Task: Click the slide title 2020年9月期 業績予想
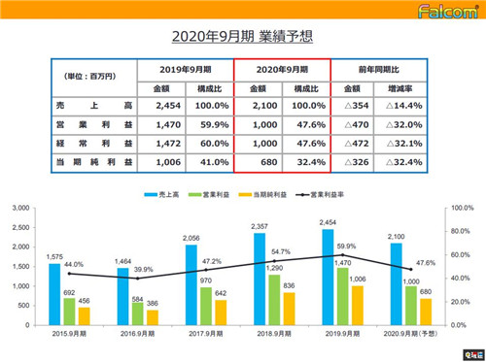(242, 37)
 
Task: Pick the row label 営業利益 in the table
(85, 125)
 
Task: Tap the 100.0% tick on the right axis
(461, 208)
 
